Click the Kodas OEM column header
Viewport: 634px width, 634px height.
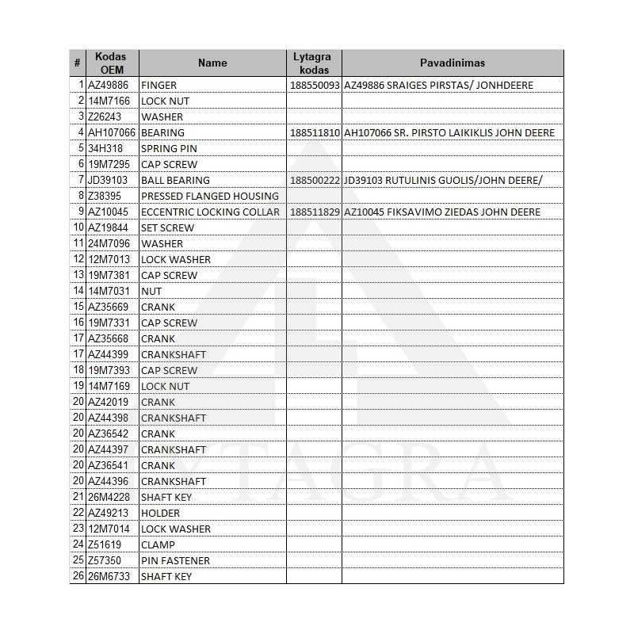coord(110,63)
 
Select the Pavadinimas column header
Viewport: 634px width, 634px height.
coord(452,63)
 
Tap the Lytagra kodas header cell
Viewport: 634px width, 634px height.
coord(312,63)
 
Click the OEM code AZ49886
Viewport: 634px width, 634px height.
coord(108,85)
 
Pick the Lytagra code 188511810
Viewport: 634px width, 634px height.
coord(315,132)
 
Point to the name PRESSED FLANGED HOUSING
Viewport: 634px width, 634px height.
coord(209,196)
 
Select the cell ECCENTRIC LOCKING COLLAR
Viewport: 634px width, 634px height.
coord(209,212)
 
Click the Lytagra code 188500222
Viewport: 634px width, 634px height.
coord(315,180)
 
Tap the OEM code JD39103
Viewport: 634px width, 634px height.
coord(108,180)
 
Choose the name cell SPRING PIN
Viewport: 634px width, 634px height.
coord(169,148)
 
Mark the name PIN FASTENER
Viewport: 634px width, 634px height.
coord(175,560)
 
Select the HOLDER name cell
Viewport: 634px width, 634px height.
coord(160,513)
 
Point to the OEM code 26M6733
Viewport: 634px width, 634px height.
coord(108,576)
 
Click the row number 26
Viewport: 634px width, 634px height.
coord(78,576)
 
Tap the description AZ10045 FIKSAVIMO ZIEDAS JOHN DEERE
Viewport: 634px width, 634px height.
coord(442,212)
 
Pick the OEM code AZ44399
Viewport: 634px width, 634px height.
coord(108,354)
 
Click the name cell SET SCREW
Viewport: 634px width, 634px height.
coord(167,227)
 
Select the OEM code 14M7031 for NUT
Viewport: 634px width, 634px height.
coord(108,291)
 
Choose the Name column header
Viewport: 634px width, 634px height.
coord(212,63)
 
